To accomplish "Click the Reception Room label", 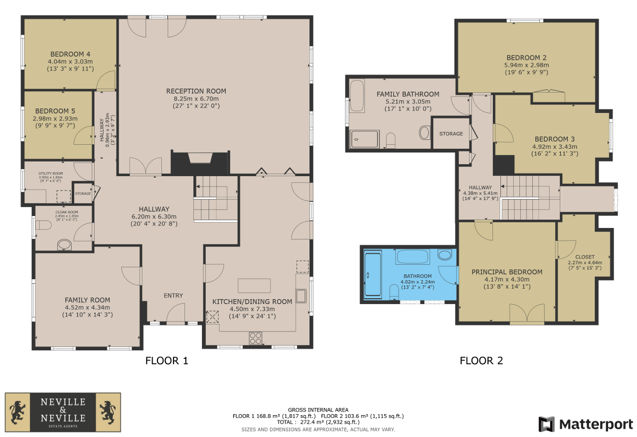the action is pos(196,91).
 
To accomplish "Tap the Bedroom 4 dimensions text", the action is pos(70,65).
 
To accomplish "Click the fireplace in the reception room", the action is pos(200,163).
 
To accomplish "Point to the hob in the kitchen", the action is pos(255,338).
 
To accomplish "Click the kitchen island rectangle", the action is pos(254,286).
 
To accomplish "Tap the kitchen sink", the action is pos(301,296).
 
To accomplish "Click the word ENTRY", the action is pos(173,296).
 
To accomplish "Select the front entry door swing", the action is pos(175,313).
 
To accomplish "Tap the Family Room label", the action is pos(87,300).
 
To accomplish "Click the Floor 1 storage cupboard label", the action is pos(83,194).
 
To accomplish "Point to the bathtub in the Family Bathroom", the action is pos(356,96).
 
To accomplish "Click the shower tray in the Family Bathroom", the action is pos(364,139).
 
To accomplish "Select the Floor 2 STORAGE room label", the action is pos(451,133).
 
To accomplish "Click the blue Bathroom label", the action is pos(418,276).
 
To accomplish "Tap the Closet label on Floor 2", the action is pos(585,257).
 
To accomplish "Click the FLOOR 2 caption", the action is pos(481,361).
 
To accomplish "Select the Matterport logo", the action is pos(586,425).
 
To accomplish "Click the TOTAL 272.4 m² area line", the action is pos(318,422).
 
